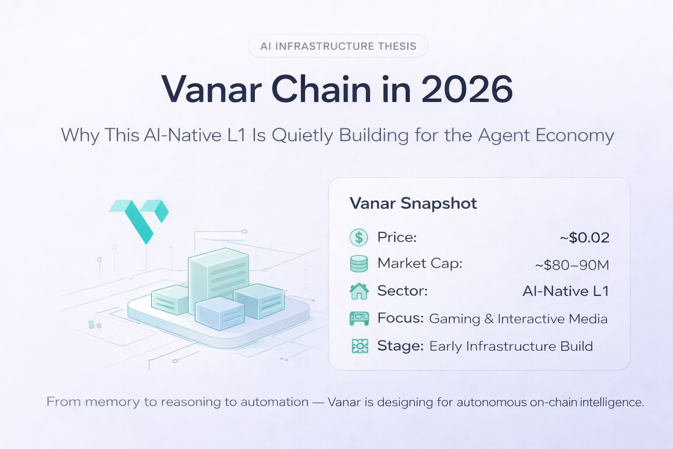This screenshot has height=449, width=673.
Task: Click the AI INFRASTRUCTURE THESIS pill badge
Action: (x=338, y=46)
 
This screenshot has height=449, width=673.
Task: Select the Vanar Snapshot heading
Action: (x=413, y=203)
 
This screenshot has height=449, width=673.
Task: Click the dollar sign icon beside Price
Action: (x=359, y=238)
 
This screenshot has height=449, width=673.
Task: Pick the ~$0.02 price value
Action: (x=584, y=238)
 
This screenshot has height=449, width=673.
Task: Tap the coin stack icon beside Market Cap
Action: (x=359, y=264)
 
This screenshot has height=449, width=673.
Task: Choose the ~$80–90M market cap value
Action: (x=572, y=265)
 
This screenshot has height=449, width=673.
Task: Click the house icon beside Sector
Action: (x=359, y=291)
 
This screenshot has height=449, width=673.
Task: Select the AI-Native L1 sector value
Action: (x=566, y=291)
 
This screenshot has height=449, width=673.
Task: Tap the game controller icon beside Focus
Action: (x=359, y=318)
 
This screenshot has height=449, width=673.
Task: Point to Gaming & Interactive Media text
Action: (x=518, y=319)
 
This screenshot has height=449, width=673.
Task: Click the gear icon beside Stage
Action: (x=360, y=346)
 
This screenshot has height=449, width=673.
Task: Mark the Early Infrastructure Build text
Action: (x=511, y=346)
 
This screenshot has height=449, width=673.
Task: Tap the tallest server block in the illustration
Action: (x=219, y=280)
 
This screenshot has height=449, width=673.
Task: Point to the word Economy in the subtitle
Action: (x=575, y=135)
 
